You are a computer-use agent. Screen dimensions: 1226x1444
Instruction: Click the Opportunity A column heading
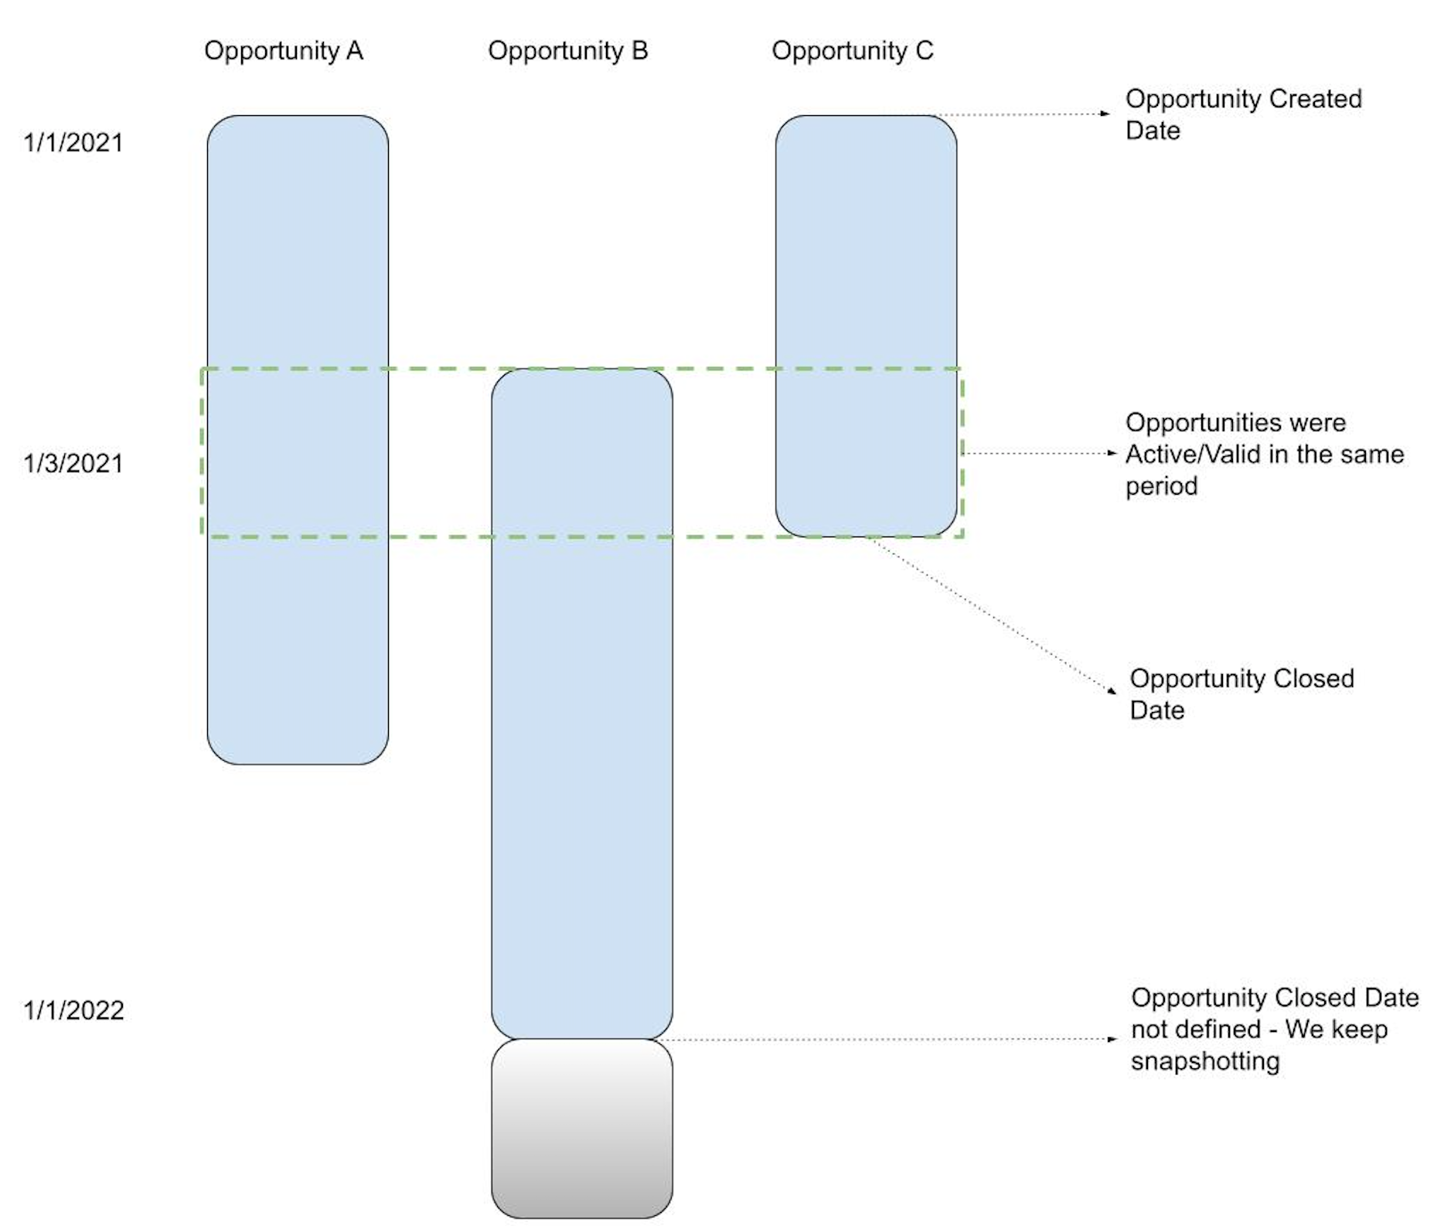(283, 51)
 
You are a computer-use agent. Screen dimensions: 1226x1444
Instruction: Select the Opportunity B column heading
(567, 51)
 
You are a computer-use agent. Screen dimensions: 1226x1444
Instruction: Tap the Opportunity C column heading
(852, 51)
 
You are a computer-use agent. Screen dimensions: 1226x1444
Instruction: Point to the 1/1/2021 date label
(73, 143)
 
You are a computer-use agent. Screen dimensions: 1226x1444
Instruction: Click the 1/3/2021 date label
(73, 463)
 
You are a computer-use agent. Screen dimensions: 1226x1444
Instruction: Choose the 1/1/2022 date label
(73, 1010)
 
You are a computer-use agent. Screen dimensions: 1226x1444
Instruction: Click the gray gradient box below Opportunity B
(581, 1129)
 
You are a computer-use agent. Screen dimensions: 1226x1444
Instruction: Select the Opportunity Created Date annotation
(1242, 114)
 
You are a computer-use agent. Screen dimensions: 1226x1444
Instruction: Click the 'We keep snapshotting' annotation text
(1273, 1029)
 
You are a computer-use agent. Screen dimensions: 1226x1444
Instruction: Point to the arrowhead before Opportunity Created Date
(1105, 114)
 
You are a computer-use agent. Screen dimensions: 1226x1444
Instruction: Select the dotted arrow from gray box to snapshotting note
(889, 1040)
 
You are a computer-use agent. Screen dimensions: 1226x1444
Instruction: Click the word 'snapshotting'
(1204, 1061)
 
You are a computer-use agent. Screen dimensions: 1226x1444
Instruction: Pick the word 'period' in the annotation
(1161, 486)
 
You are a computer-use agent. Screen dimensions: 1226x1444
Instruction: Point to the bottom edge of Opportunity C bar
(866, 536)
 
